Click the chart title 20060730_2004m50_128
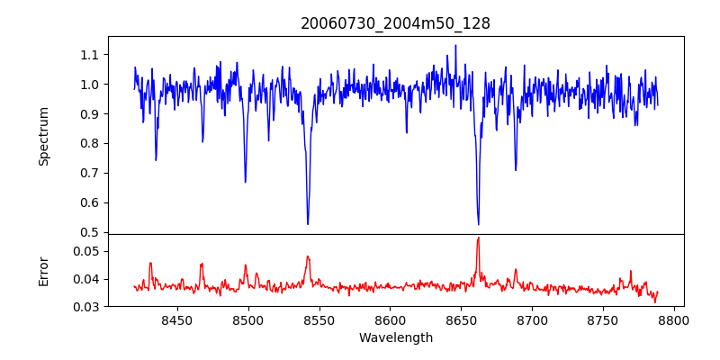pos(395,23)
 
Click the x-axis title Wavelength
pos(395,338)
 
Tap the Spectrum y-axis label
pos(44,136)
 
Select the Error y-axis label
pos(44,271)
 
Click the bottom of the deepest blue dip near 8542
pos(308,224)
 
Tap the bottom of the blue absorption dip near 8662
pos(478,224)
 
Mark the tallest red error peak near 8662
pos(478,238)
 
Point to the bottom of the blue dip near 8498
pos(245,182)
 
